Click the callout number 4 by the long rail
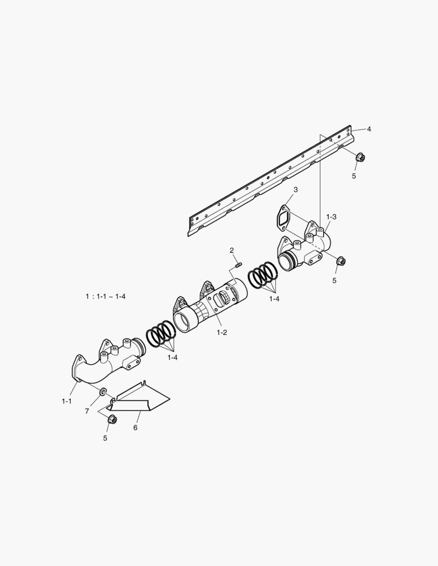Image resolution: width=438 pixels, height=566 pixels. coord(369,129)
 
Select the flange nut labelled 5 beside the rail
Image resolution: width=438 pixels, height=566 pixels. coord(360,157)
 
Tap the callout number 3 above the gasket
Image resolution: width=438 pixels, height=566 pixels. coord(296,189)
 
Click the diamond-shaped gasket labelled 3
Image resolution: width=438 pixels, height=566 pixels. coord(284,217)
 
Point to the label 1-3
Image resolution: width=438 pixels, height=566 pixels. coord(331,216)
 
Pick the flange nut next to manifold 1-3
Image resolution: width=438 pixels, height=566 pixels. coord(340,260)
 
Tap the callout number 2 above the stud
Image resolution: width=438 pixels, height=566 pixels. coord(231,251)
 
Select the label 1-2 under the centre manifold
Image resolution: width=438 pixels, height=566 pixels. coord(221,332)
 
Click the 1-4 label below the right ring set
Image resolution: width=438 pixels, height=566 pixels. coord(274,299)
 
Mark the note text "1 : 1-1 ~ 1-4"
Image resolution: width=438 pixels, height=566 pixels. coord(105,296)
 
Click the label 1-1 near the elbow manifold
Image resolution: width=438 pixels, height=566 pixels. coord(67,401)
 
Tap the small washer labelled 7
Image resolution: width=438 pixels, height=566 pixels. coord(102,391)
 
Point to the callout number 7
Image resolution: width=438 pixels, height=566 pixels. coord(87,411)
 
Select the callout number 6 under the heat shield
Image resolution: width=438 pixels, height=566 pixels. coord(135,428)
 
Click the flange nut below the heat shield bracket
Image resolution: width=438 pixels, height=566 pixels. coord(112,419)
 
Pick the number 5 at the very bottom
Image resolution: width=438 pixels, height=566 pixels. coord(105,438)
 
